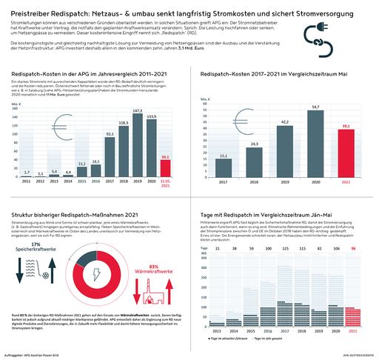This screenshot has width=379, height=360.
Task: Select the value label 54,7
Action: point(315,107)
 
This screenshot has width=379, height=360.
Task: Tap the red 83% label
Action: point(154,246)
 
